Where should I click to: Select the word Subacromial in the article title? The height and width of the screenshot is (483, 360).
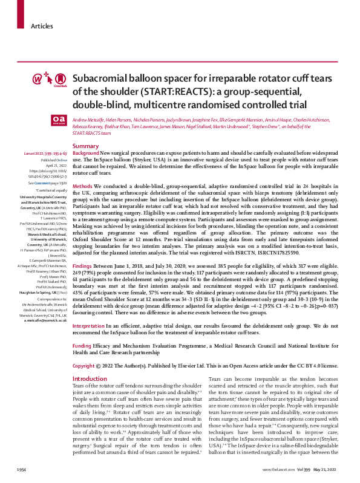pos(97,79)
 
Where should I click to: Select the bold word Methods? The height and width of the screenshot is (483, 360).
pos(82,186)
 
